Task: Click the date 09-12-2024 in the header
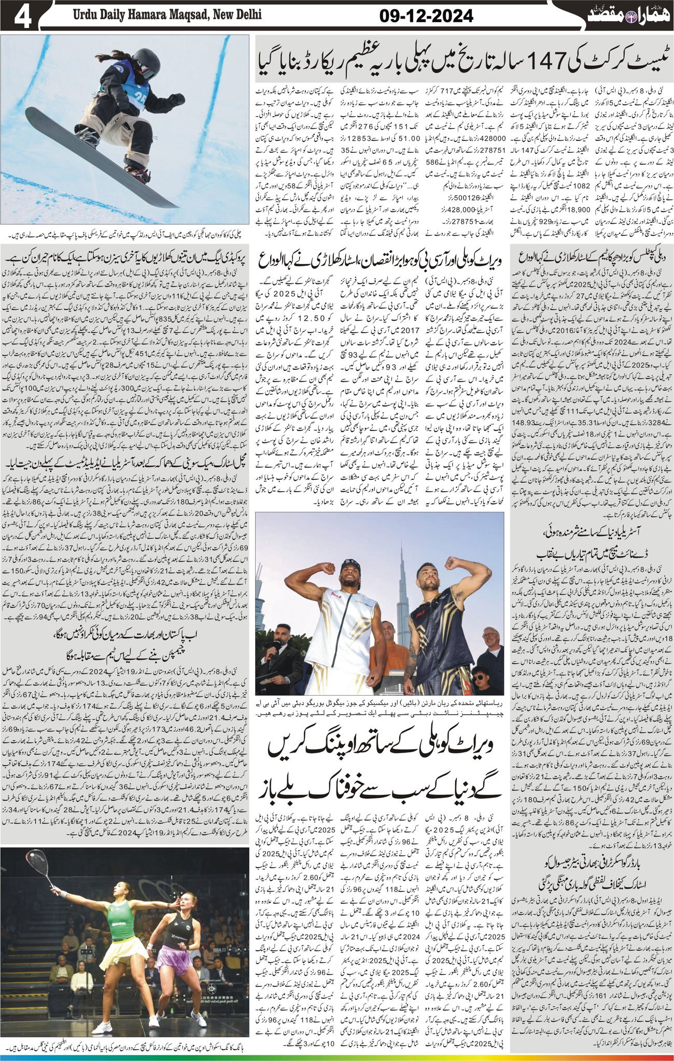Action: pyautogui.click(x=426, y=17)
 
